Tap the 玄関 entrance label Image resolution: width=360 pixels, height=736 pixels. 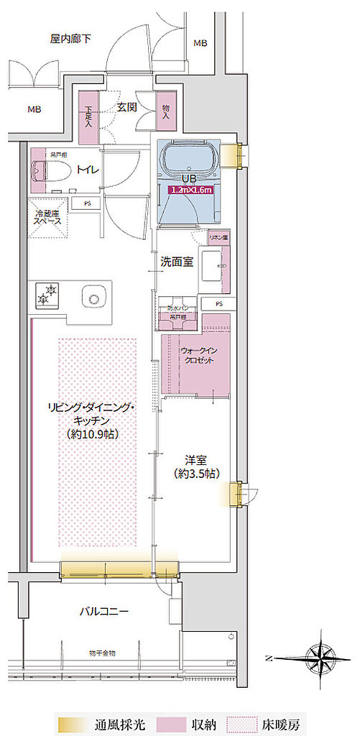tap(127, 107)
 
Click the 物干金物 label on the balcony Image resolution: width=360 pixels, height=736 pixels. tap(103, 652)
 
